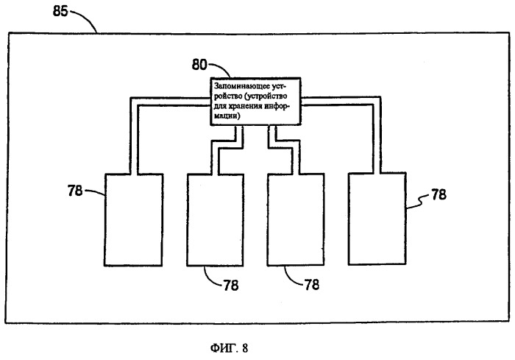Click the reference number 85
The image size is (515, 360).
[x=60, y=12]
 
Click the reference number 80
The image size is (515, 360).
[x=199, y=65]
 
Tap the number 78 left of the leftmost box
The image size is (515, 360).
[x=75, y=191]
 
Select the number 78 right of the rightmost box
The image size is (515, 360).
[x=438, y=194]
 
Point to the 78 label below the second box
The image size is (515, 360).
[x=231, y=285]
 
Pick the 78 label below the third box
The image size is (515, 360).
[x=312, y=284]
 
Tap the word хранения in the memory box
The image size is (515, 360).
[x=244, y=106]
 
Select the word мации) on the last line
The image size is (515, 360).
[x=227, y=116]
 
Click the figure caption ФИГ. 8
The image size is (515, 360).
[x=230, y=347]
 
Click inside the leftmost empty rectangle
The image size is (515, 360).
[x=133, y=219]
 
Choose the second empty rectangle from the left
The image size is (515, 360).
[x=215, y=219]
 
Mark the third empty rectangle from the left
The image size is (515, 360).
[x=296, y=219]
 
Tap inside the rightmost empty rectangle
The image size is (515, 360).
[x=377, y=219]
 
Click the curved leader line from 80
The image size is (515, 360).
[x=221, y=68]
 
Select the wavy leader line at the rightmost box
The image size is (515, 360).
[x=418, y=201]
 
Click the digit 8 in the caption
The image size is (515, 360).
[x=245, y=347]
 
